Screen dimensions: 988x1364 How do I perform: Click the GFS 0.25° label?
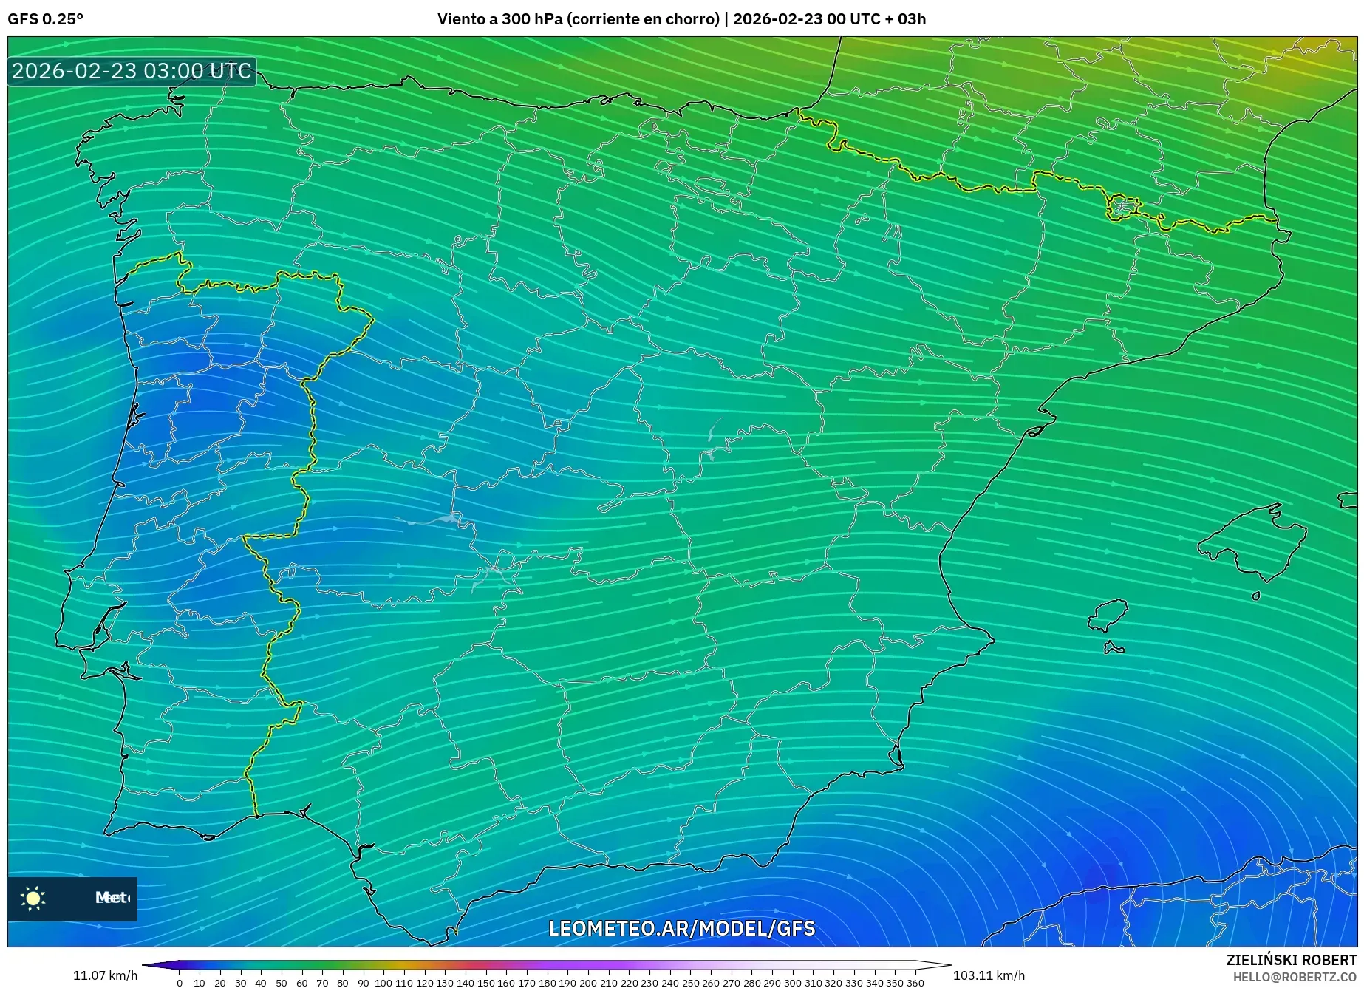point(45,19)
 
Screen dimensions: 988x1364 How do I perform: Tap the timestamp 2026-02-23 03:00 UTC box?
point(132,71)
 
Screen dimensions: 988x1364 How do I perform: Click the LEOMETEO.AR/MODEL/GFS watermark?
point(681,928)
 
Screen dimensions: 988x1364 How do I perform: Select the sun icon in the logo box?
point(33,898)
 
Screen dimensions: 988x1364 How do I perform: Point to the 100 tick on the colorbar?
point(383,982)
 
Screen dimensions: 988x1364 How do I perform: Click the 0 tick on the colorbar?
point(180,982)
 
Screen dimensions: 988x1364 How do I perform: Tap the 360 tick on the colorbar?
point(915,982)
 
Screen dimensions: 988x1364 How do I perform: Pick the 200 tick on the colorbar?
point(587,982)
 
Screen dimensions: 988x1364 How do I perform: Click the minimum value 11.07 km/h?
point(105,975)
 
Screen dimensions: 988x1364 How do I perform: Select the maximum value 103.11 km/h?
point(989,975)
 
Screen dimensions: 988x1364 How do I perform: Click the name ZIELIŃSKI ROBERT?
point(1292,960)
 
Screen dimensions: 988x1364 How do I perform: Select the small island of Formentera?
point(1113,649)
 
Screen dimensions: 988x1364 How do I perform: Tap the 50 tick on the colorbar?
point(281,982)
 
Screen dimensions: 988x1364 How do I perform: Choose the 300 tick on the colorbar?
point(792,982)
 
